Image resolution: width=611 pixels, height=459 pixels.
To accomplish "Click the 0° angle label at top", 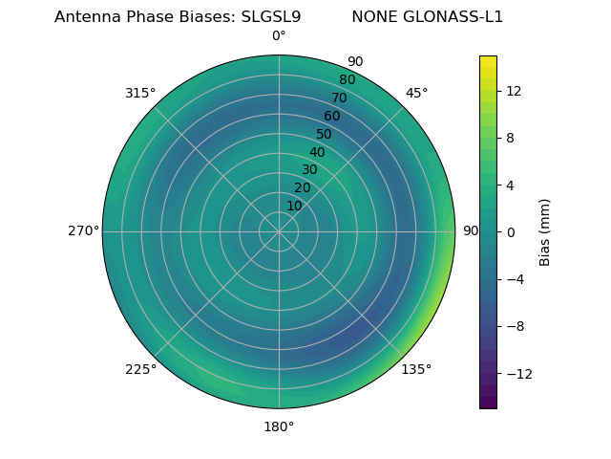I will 279,36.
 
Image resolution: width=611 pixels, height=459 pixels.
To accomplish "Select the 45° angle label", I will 417,93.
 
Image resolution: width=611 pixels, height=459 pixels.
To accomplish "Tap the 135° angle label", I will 416,369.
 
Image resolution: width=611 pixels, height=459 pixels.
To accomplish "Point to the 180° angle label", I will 279,426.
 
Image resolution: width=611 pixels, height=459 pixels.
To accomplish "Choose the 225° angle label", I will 140,369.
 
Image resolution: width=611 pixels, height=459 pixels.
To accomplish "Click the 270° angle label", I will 84,231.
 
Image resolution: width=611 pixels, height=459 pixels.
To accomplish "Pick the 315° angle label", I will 140,93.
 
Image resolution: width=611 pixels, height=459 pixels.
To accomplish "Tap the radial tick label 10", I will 294,206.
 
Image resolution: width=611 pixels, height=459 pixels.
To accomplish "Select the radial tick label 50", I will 325,135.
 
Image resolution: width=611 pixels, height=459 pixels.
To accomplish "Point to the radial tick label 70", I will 340,98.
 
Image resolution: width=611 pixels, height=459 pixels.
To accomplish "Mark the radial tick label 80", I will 348,80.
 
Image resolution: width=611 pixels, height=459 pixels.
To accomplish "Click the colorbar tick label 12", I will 513,91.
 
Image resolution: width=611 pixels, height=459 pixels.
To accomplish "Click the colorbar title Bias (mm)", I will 545,231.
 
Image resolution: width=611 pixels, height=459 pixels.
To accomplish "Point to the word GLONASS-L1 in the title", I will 454,17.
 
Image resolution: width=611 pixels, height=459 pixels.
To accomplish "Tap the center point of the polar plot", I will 279,231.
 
